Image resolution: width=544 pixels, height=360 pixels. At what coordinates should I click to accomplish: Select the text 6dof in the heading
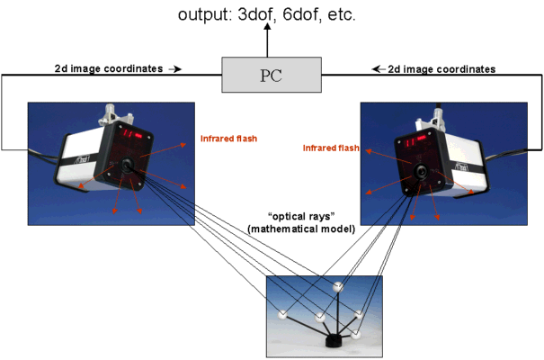tap(305, 15)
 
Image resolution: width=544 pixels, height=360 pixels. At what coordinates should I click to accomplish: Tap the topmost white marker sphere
tap(340, 288)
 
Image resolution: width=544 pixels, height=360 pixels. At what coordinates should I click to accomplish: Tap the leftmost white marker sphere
tap(282, 313)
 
